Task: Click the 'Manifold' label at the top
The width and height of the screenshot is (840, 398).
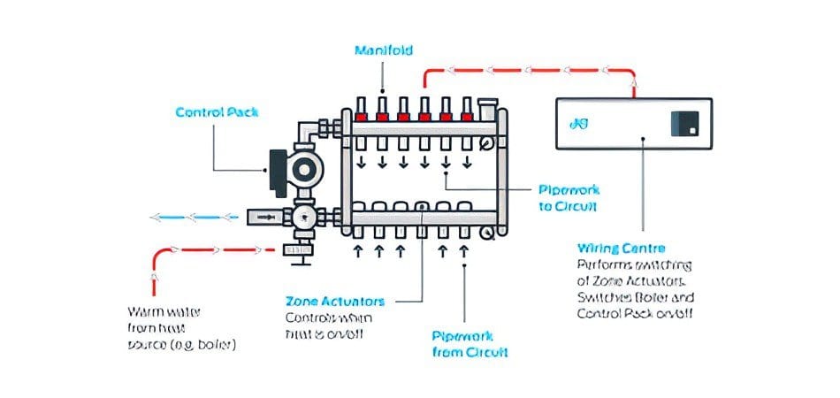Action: pyautogui.click(x=383, y=50)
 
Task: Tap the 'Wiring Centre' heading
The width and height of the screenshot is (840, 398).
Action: pyautogui.click(x=621, y=249)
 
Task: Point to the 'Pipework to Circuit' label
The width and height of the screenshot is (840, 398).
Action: pyautogui.click(x=568, y=198)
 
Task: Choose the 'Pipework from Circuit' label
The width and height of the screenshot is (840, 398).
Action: pyautogui.click(x=470, y=344)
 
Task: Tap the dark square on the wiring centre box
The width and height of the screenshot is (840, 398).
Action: pyautogui.click(x=685, y=123)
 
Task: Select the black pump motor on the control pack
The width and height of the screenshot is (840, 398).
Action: pyautogui.click(x=275, y=169)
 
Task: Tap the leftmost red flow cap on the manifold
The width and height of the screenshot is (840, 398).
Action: pyautogui.click(x=360, y=116)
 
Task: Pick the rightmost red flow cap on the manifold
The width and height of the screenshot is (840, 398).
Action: pyautogui.click(x=467, y=116)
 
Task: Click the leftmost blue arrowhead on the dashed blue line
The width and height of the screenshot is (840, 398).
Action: pyautogui.click(x=155, y=216)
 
